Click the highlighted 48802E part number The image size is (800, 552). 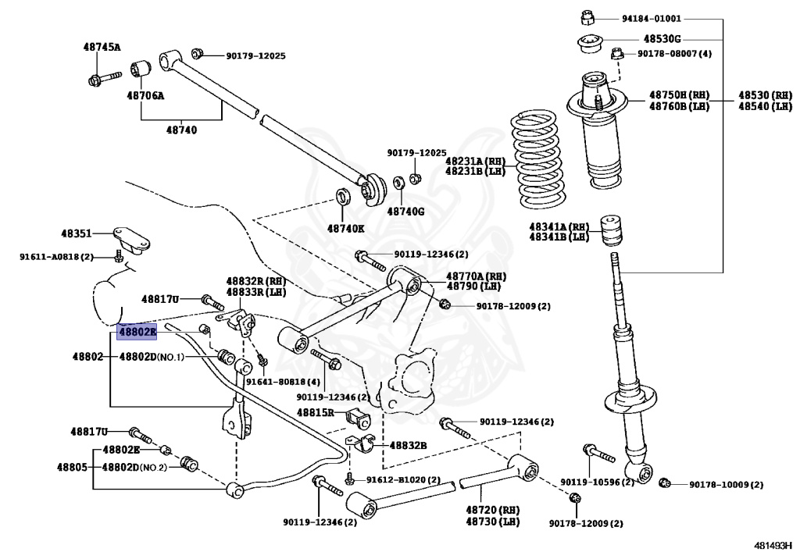click(x=137, y=333)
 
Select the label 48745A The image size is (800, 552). click(x=102, y=47)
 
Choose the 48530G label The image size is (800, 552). click(x=662, y=38)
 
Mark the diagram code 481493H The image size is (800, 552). click(x=773, y=543)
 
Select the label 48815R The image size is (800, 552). click(x=316, y=411)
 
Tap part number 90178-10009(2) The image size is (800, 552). click(x=726, y=485)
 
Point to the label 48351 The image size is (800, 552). click(x=77, y=233)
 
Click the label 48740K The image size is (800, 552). click(x=346, y=228)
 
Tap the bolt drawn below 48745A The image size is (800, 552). click(x=102, y=78)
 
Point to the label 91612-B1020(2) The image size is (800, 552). click(x=403, y=479)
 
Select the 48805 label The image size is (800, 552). click(x=71, y=467)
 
